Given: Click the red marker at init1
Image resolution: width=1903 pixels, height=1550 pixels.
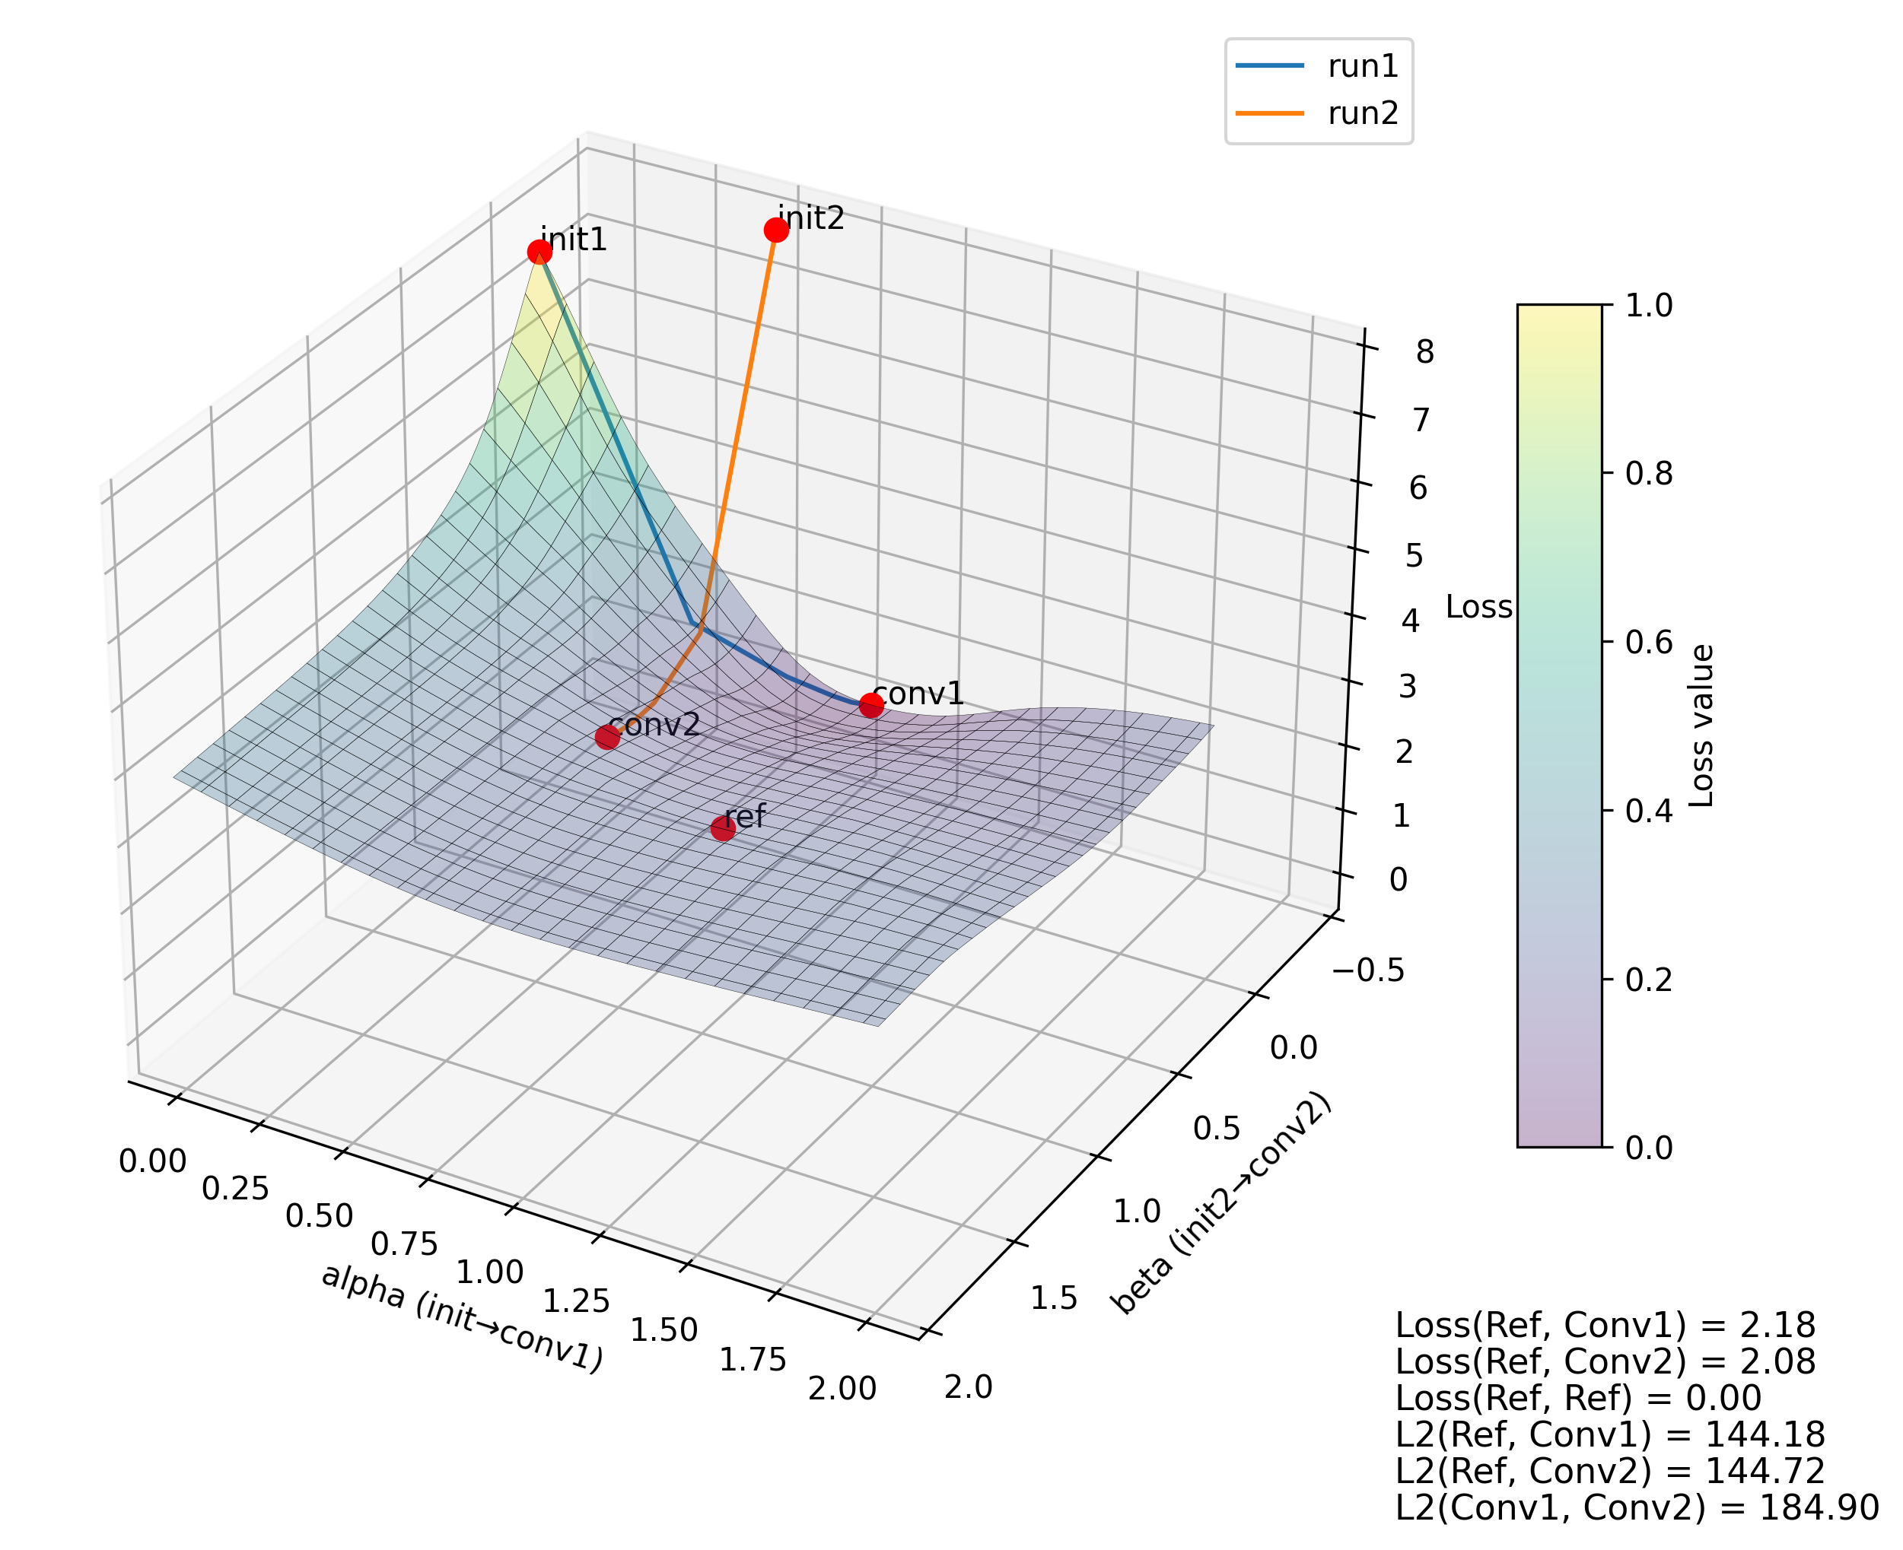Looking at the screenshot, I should click(x=539, y=252).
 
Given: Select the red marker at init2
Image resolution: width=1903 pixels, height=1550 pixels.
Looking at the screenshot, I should click(x=776, y=230).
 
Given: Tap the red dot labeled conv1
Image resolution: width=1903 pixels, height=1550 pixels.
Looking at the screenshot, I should click(x=870, y=705).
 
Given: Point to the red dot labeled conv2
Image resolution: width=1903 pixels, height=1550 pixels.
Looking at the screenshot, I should click(x=607, y=737).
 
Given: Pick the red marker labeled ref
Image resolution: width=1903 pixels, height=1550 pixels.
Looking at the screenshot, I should click(x=722, y=828).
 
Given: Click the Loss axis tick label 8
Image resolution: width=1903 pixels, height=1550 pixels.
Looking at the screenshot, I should click(x=1424, y=352).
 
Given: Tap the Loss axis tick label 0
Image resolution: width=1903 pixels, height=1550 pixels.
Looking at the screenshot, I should click(x=1399, y=879).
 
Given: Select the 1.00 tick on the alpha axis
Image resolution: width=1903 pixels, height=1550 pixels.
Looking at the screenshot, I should click(x=489, y=1272).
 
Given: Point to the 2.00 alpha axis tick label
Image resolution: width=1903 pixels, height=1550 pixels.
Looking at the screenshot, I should click(x=842, y=1390).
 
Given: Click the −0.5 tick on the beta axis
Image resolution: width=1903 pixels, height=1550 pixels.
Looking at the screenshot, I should click(x=1368, y=970).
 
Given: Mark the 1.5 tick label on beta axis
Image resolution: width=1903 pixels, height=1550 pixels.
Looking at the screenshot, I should click(x=1054, y=1298).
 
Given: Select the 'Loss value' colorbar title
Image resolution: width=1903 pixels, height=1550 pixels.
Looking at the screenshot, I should click(x=1702, y=726).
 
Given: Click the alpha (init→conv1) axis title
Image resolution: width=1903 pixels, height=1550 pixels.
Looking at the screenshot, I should click(x=463, y=1318).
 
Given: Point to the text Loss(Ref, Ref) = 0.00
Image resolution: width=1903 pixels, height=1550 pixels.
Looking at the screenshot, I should click(x=1578, y=1397).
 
